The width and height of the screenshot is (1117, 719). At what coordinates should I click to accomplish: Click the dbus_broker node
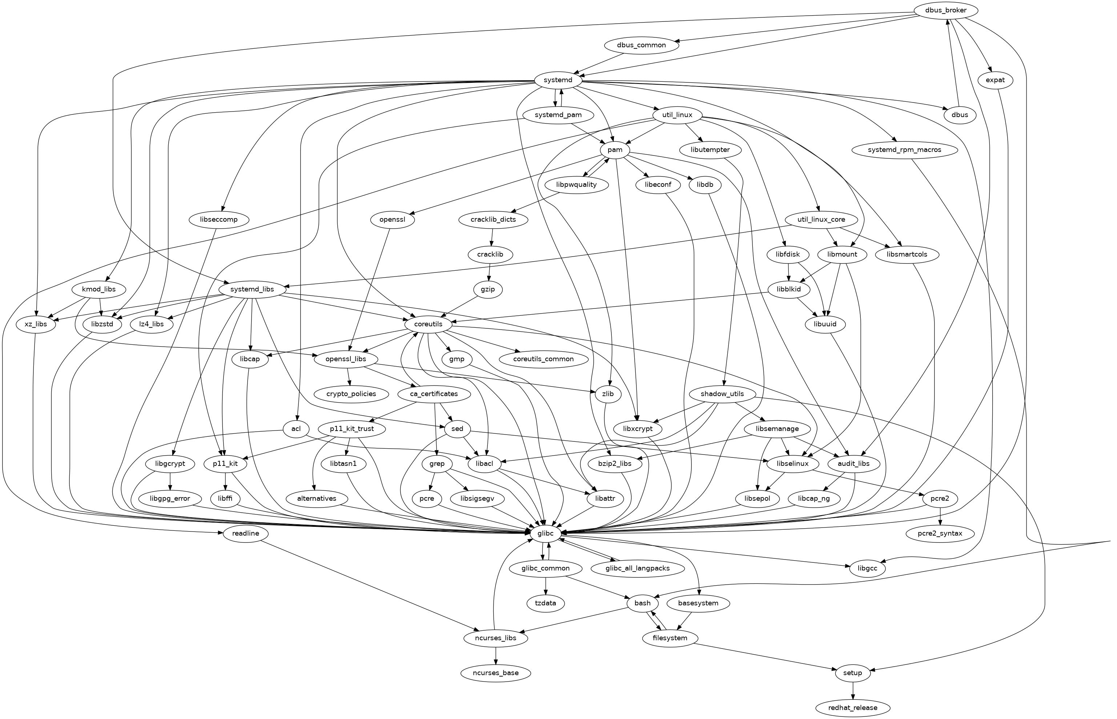point(946,10)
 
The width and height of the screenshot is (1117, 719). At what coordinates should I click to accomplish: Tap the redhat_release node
point(853,708)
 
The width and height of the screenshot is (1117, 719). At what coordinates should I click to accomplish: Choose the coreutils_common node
point(543,359)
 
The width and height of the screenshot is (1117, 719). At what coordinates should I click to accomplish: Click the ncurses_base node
point(496,673)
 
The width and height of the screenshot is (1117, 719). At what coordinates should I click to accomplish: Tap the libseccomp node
point(219,219)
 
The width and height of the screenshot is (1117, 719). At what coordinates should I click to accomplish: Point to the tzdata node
point(546,603)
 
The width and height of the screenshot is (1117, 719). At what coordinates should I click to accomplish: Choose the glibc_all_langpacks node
point(638,568)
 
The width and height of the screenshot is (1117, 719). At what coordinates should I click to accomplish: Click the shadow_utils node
point(722,393)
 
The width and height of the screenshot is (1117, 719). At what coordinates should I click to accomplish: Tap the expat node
point(995,80)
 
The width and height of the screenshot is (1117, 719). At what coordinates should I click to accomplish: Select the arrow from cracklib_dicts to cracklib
point(492,237)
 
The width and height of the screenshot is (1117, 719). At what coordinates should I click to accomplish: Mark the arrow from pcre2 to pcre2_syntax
point(940,516)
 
